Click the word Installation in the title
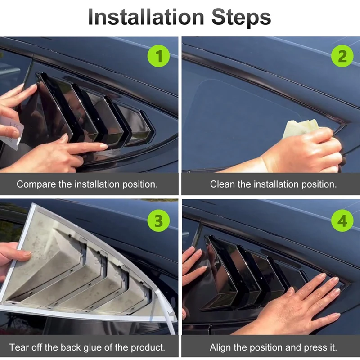coord(146,17)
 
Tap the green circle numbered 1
coord(159,56)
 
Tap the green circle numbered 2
coord(342,56)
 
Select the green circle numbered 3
coord(159,220)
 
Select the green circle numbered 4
coord(342,220)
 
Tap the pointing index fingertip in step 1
coord(104,146)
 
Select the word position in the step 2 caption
coord(319,184)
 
